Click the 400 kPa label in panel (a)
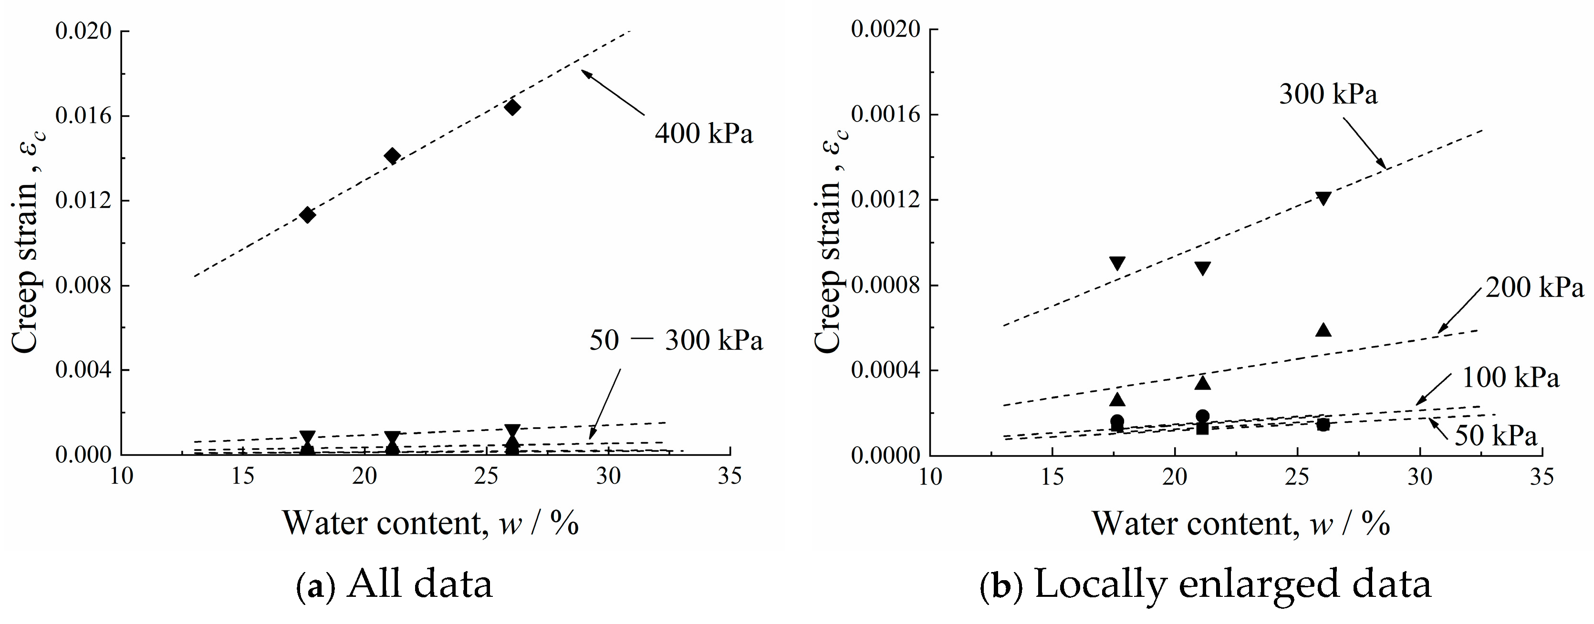[x=704, y=133]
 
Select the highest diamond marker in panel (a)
[x=512, y=107]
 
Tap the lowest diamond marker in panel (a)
[x=307, y=215]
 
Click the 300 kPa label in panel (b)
[x=1328, y=94]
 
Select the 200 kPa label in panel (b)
[x=1534, y=287]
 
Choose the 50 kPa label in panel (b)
[x=1495, y=436]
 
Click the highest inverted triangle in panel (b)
[x=1323, y=198]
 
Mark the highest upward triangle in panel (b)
[x=1323, y=329]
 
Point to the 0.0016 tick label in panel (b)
[x=885, y=115]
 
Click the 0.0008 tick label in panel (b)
[x=885, y=286]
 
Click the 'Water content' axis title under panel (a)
[x=430, y=523]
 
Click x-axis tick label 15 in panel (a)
[x=243, y=477]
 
